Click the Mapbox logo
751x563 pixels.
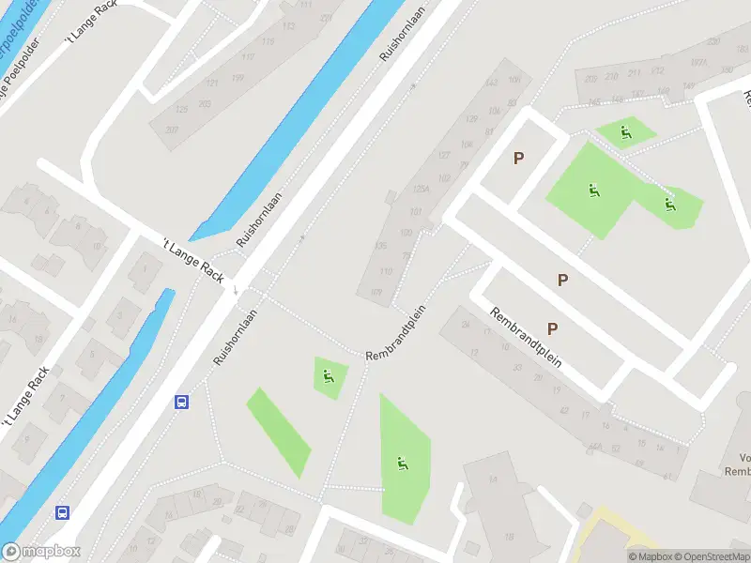40,552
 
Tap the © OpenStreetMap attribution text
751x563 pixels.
710,556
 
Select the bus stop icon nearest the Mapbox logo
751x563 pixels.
62,512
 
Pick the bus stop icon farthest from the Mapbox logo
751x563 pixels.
181,402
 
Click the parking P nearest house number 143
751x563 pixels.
517,159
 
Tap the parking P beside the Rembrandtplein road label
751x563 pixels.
552,328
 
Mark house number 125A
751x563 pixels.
419,189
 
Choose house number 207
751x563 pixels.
172,129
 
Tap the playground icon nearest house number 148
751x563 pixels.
626,132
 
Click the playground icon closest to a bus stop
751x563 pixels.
328,377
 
